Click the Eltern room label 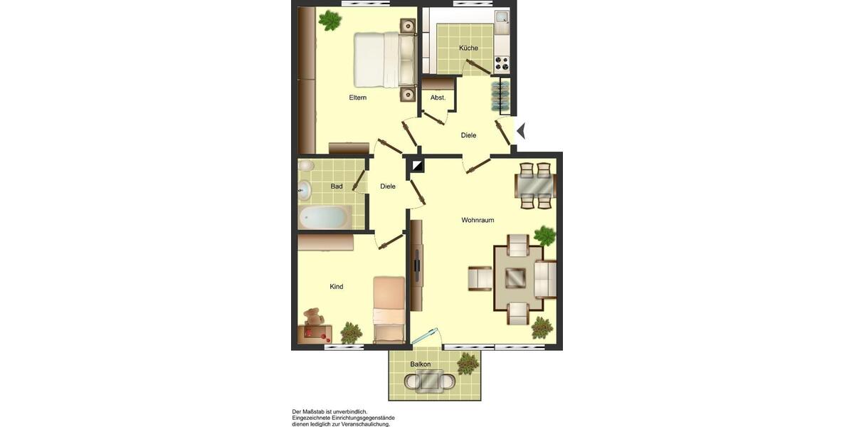pos(357,97)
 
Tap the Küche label pos(468,48)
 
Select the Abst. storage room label pos(438,97)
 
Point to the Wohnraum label pos(478,221)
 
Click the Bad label pos(337,186)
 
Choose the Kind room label pos(337,287)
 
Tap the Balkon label pos(420,364)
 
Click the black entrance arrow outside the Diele pos(520,131)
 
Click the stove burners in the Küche pos(502,63)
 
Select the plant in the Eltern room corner pos(330,21)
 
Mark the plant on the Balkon pos(468,363)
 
